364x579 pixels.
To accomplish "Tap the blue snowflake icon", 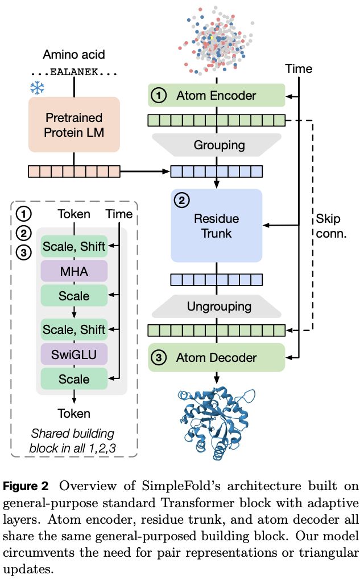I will (37, 88).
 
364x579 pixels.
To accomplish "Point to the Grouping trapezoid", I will (216, 145).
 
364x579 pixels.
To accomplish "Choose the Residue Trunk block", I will (216, 226).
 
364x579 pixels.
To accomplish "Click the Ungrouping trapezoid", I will (216, 307).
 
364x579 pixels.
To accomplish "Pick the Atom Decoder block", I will (216, 358).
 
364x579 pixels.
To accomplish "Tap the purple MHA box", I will (73, 271).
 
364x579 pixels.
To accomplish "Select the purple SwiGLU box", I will (73, 355).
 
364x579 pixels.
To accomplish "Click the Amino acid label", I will (74, 55).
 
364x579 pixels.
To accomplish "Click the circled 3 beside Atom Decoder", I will (160, 358).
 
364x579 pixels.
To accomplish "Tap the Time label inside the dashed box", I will (119, 214).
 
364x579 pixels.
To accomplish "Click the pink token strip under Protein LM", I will (74, 171).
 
